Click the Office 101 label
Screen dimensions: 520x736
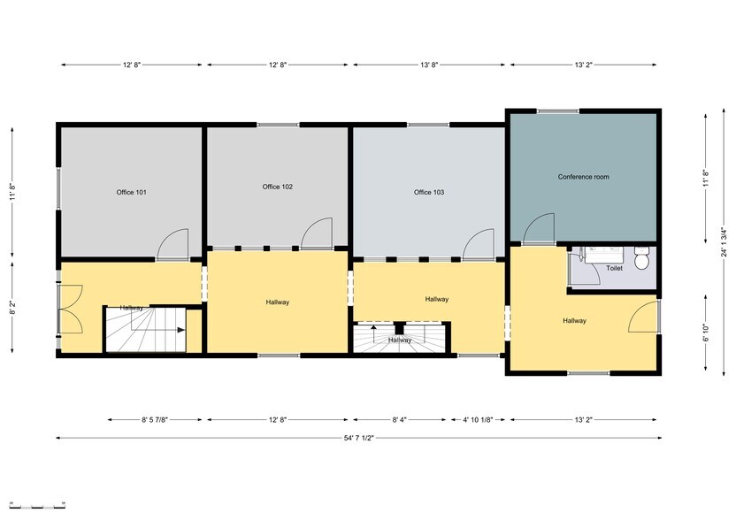tap(131, 192)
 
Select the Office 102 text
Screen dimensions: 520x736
tap(278, 187)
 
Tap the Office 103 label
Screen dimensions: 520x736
tap(429, 192)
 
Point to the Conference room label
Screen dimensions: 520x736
tap(583, 177)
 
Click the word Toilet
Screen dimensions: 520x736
tap(614, 268)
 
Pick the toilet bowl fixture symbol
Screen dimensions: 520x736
tap(643, 258)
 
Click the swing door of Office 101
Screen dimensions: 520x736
tap(173, 245)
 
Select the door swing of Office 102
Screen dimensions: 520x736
tap(316, 233)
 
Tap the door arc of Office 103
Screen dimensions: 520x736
tap(479, 245)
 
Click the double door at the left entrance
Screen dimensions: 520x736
tap(70, 309)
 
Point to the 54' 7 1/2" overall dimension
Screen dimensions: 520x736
tap(358, 437)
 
